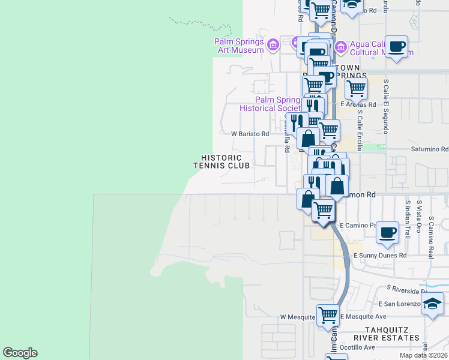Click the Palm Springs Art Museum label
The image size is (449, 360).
pyautogui.click(x=239, y=46)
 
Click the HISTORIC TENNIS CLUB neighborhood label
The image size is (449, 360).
pyautogui.click(x=221, y=161)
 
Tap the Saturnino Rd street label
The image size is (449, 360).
pyautogui.click(x=429, y=149)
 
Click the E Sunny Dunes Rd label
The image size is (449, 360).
pyautogui.click(x=380, y=255)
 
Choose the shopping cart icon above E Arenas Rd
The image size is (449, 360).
pyautogui.click(x=356, y=88)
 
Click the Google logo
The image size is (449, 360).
pyautogui.click(x=20, y=353)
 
